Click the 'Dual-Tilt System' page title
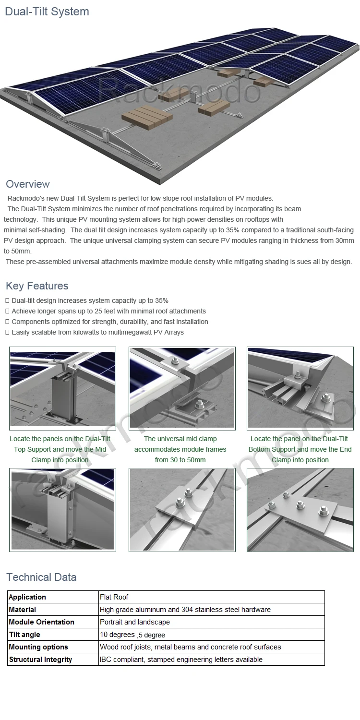pos(47,12)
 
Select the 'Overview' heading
pos(28,184)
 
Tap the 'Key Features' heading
pos(37,286)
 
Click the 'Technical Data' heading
pos(41,577)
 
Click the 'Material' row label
pos(23,610)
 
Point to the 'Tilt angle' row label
pos(24,635)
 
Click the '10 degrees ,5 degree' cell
pos(132,635)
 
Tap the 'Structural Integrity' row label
pos(40,660)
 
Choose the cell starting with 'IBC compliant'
pos(181,660)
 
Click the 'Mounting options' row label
pos(38,647)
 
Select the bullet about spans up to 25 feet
pos(108,311)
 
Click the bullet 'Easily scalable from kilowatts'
pos(97,332)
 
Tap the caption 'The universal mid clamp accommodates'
pos(180,449)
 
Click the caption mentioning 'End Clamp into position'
pos(300,449)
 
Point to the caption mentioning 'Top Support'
pos(60,449)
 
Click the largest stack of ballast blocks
pos(146,117)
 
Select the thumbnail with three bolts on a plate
pos(300,510)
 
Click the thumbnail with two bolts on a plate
pos(182,510)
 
